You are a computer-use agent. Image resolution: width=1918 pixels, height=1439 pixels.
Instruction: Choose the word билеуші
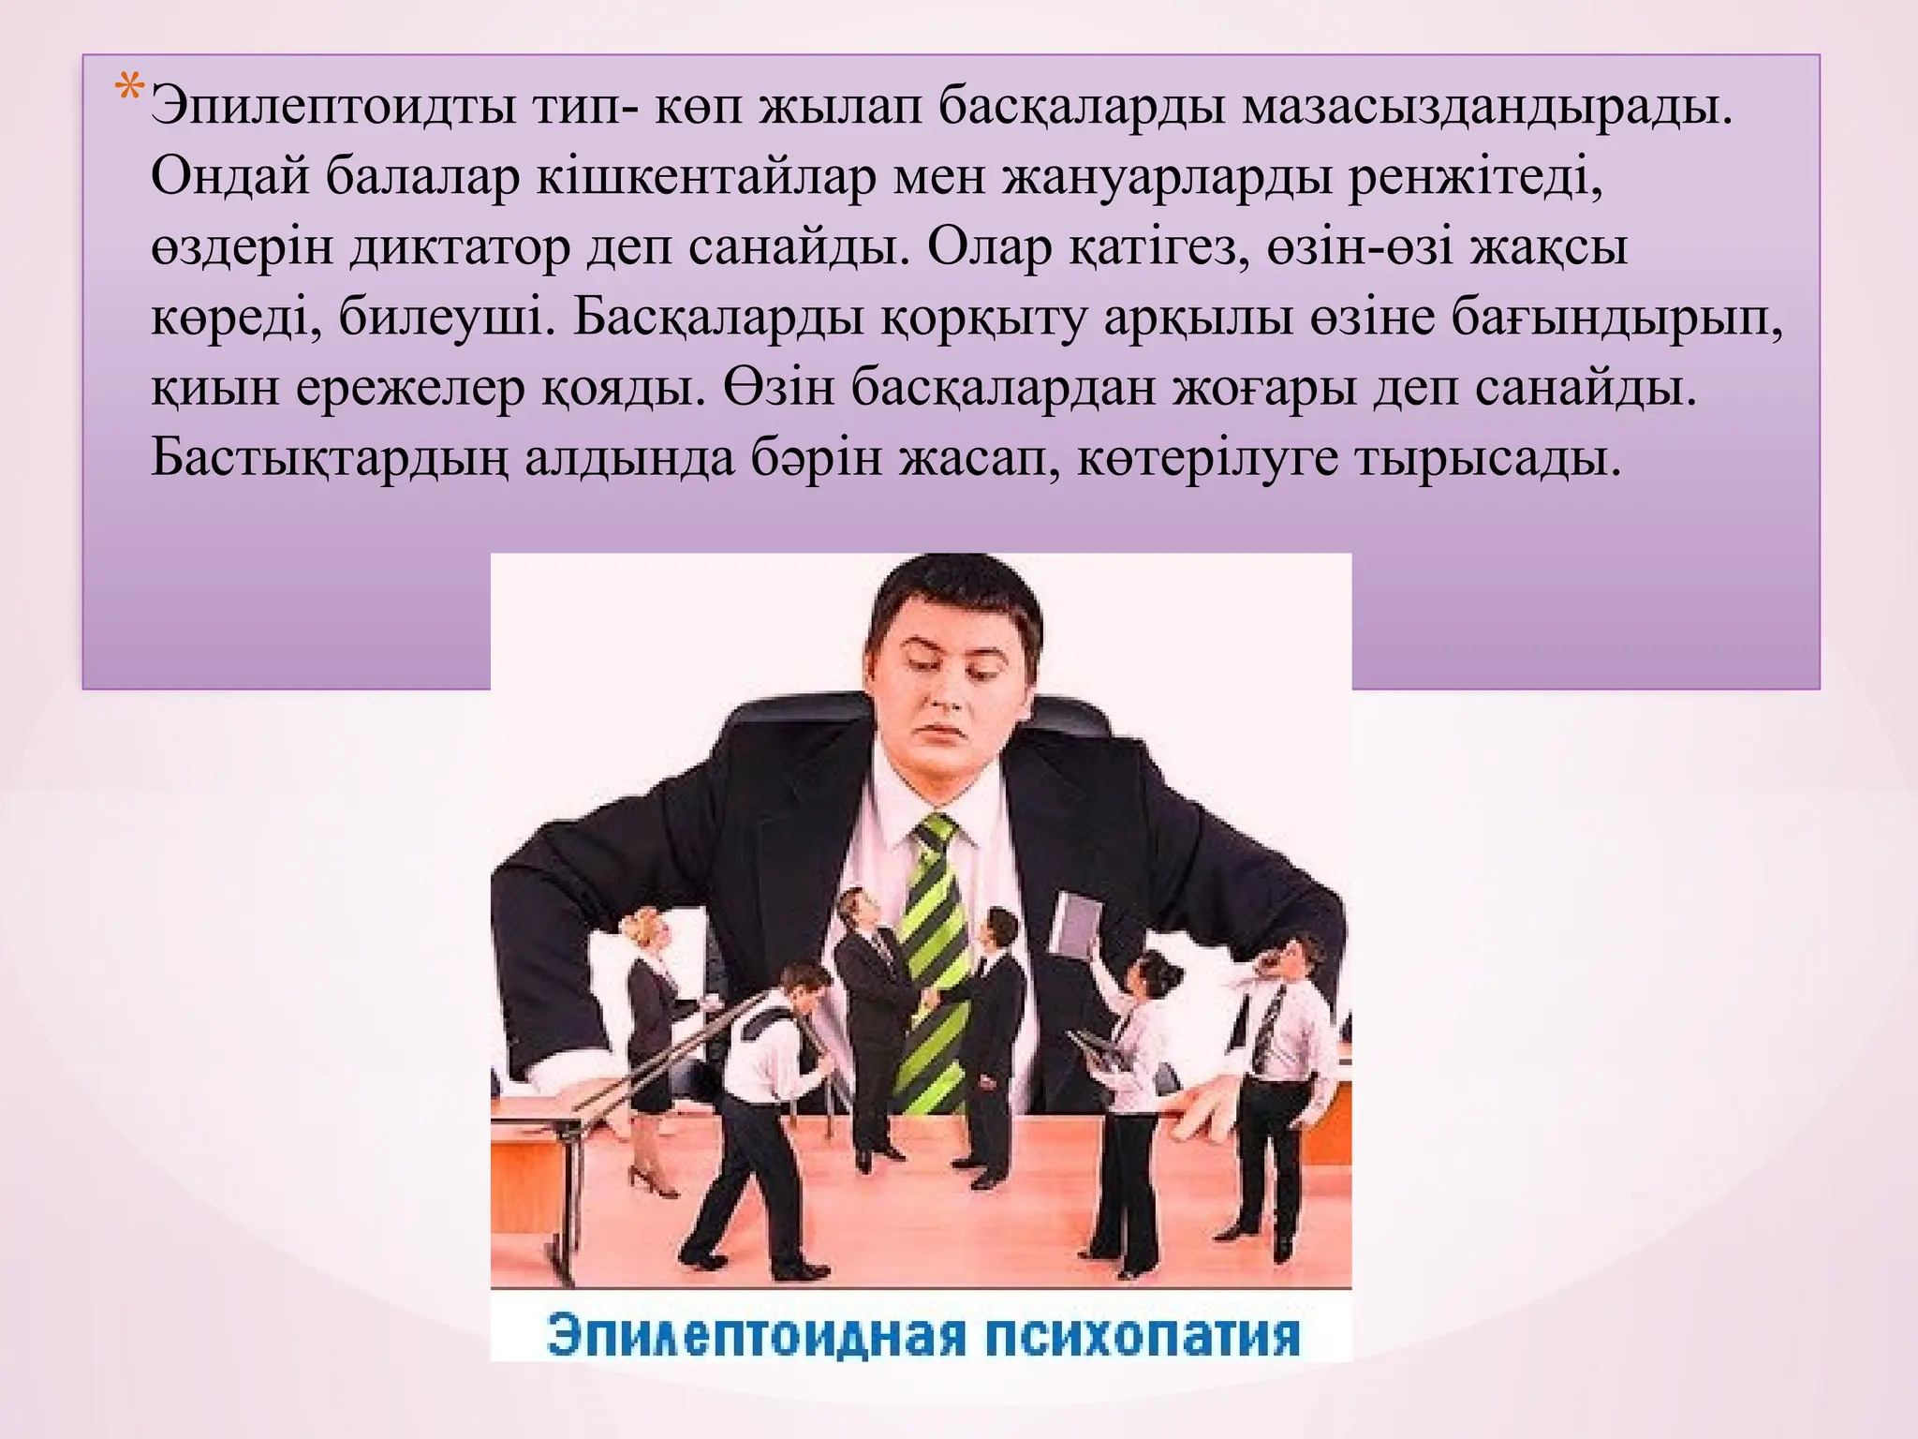point(440,318)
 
